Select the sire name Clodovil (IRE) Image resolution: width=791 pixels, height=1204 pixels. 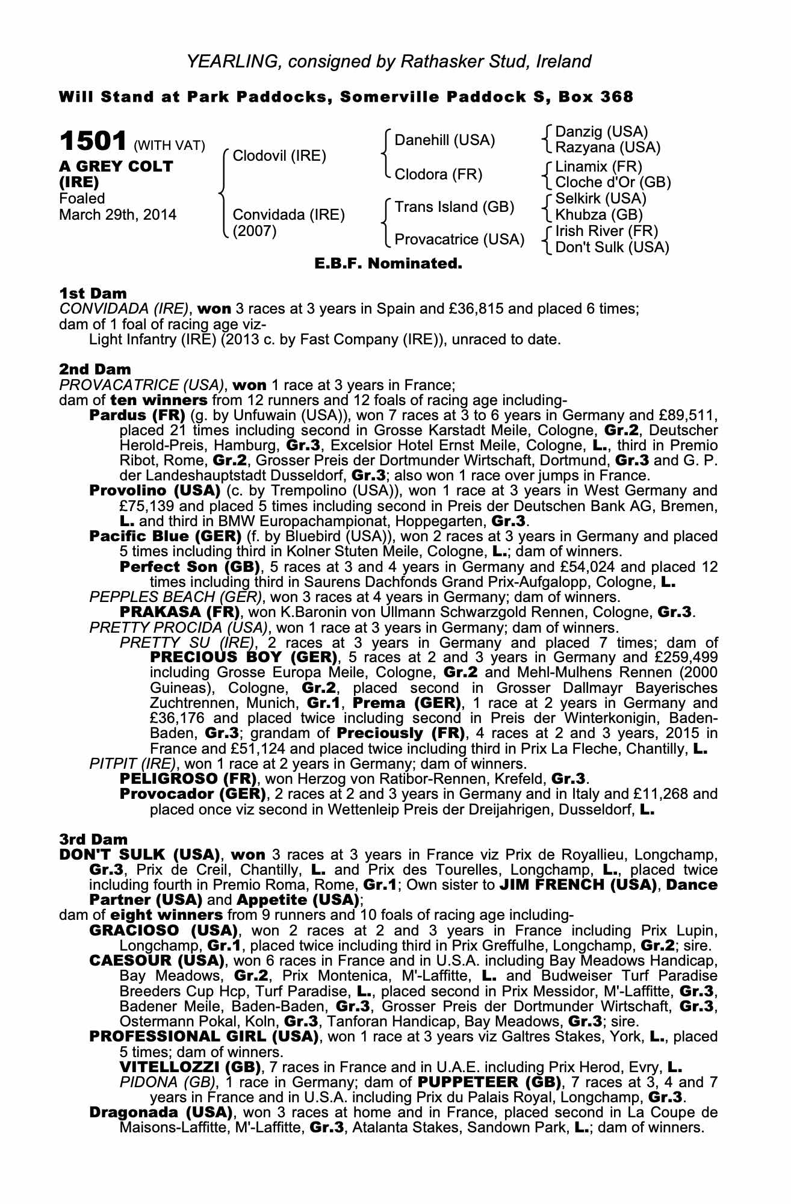(279, 157)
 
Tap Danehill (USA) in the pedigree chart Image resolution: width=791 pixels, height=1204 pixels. (444, 140)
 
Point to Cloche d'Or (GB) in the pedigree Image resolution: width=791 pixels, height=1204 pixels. (613, 182)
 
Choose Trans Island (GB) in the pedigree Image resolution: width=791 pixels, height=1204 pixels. (454, 207)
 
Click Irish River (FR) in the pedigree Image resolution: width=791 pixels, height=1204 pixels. (606, 231)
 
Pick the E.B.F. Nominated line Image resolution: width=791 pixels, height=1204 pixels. (388, 264)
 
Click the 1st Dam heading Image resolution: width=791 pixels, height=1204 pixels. (93, 293)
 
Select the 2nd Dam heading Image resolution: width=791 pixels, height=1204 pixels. (95, 369)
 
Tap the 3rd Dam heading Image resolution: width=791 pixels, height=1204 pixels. (93, 839)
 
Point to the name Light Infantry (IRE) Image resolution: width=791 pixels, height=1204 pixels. (152, 340)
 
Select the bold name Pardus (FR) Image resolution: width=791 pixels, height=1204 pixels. (137, 415)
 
